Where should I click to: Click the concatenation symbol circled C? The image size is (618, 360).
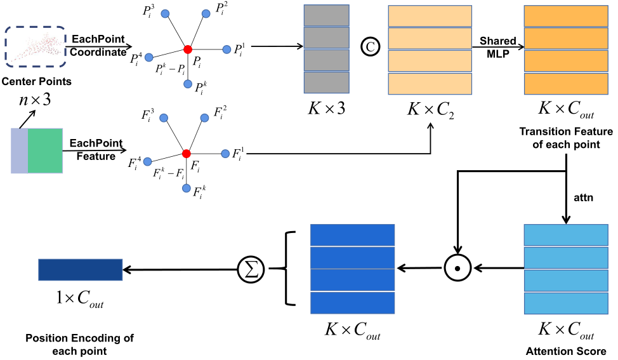(368, 46)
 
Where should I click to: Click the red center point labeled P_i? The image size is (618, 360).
(188, 49)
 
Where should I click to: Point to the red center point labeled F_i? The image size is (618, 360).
(187, 154)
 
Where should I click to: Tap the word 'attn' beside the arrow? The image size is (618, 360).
(583, 197)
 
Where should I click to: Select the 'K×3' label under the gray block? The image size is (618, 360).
(327, 109)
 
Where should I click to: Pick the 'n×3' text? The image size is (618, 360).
(36, 102)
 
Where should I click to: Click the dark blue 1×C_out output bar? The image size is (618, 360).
(80, 270)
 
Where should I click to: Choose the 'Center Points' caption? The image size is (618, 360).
(36, 81)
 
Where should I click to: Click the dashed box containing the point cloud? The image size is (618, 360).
(36, 47)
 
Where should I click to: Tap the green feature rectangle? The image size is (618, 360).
(45, 150)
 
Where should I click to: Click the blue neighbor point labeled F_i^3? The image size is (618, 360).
(164, 118)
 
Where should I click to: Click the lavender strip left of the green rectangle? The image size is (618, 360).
(20, 150)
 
